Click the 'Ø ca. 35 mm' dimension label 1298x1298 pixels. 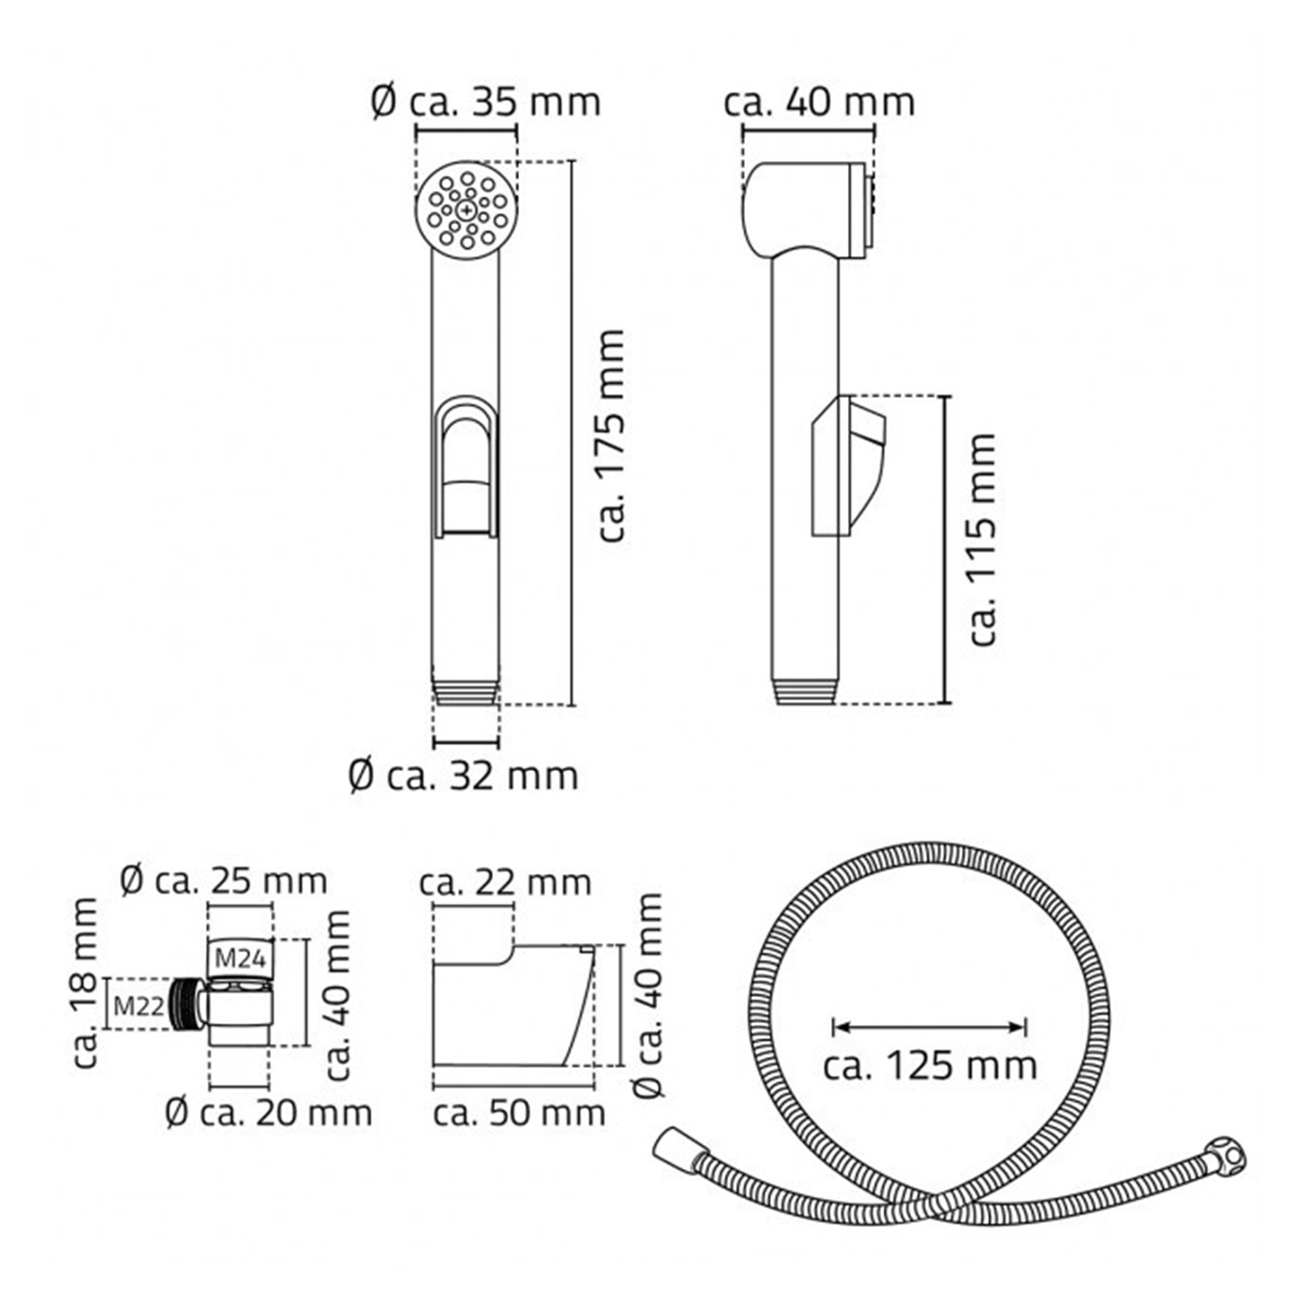coord(485,102)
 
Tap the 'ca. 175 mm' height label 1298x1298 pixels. coord(612,435)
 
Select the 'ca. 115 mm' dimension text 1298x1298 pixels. coord(983,540)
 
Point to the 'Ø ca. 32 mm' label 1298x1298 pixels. coord(463,775)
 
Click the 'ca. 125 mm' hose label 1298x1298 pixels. coord(930,1064)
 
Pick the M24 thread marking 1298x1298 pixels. coord(239,958)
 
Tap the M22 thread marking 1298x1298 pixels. coord(138,1006)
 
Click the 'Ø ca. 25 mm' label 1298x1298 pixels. coord(224,881)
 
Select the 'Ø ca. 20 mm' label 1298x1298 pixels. coord(268,1112)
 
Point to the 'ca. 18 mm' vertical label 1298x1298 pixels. coord(85,982)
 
